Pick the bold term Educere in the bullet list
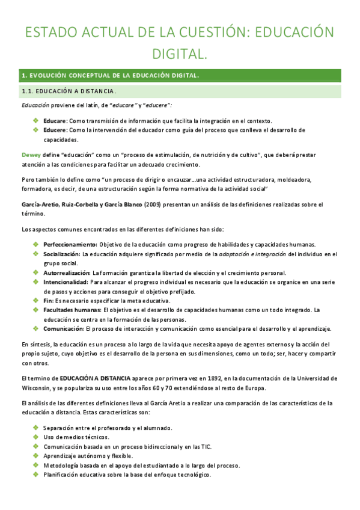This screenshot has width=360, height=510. tap(55, 130)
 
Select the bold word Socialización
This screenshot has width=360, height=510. tap(61, 254)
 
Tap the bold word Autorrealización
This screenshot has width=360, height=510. tap(66, 272)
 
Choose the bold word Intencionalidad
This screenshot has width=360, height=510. tap(66, 282)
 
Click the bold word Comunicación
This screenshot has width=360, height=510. tap(63, 328)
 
